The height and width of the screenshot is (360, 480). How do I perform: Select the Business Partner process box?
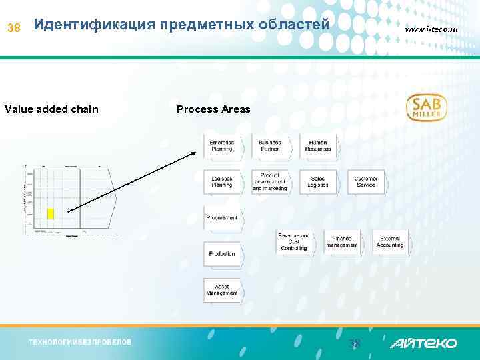270,146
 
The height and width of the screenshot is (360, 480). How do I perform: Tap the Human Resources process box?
318,146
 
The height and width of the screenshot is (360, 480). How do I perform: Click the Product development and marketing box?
270,182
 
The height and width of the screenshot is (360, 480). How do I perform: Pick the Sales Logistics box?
318,182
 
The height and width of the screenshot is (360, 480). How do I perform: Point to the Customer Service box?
366,182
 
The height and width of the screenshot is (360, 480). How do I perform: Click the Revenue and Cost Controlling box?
294,242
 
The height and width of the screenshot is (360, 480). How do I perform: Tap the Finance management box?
342,242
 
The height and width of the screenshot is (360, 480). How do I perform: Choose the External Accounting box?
390,242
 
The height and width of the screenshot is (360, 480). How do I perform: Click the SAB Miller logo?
427,107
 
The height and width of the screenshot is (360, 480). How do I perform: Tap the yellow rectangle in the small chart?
50,213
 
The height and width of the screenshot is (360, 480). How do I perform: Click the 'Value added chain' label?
51,109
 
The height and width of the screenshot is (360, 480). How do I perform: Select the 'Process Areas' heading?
213,109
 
